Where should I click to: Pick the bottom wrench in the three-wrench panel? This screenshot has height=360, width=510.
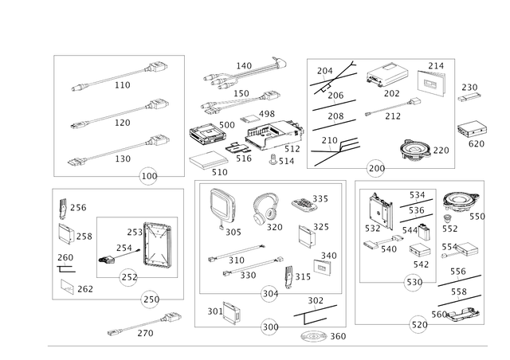pyautogui.click(x=120, y=151)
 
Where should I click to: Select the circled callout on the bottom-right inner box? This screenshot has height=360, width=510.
pyautogui.click(x=412, y=280)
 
